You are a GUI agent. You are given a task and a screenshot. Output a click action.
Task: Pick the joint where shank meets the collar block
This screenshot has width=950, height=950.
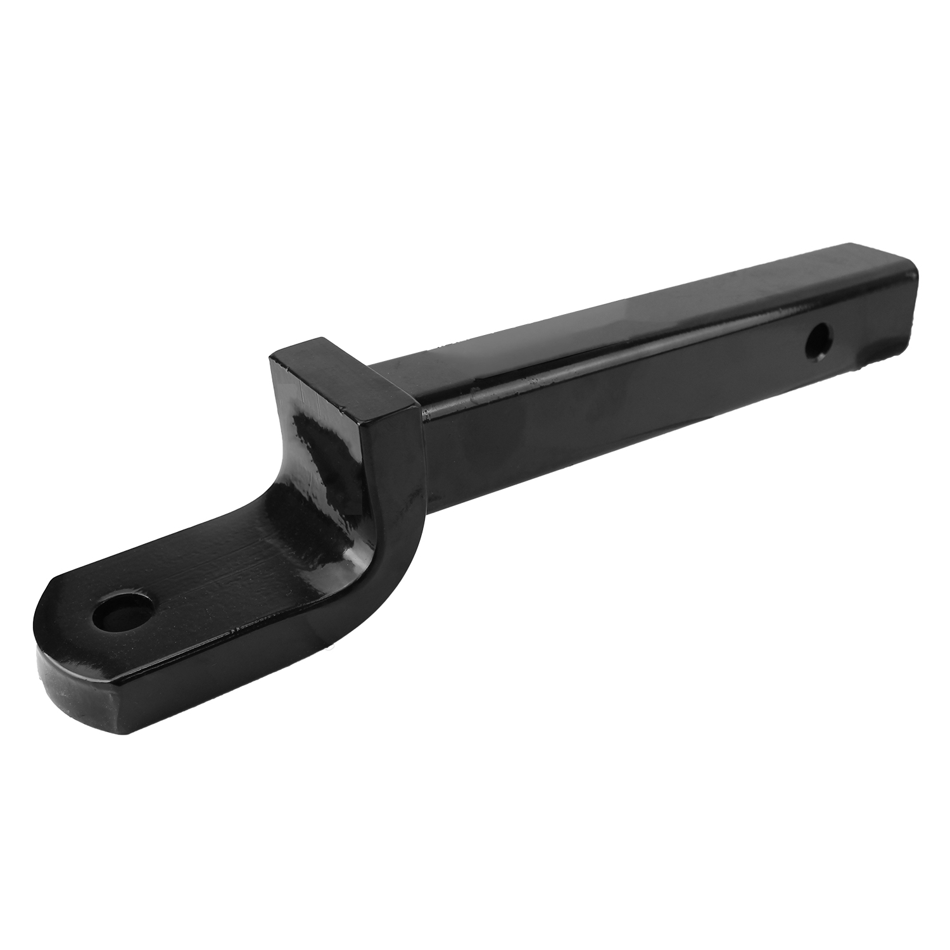(421, 412)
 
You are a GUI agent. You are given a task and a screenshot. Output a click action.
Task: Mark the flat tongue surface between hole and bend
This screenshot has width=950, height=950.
(209, 583)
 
